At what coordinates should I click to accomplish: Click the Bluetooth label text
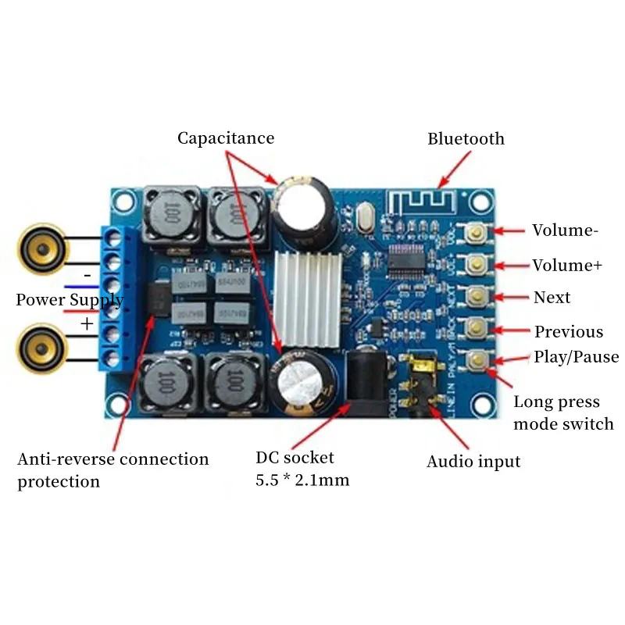[466, 139]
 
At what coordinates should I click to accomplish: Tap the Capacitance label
[226, 138]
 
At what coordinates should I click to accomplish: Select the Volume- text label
[566, 230]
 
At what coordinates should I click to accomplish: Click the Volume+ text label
[567, 266]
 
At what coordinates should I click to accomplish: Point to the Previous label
[569, 332]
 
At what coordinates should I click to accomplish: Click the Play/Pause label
[577, 357]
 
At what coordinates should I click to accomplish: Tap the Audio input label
[473, 462]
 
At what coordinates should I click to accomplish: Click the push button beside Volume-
[475, 231]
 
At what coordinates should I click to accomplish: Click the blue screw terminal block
[114, 297]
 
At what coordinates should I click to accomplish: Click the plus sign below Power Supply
[86, 323]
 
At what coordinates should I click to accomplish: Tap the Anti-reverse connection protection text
[113, 470]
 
